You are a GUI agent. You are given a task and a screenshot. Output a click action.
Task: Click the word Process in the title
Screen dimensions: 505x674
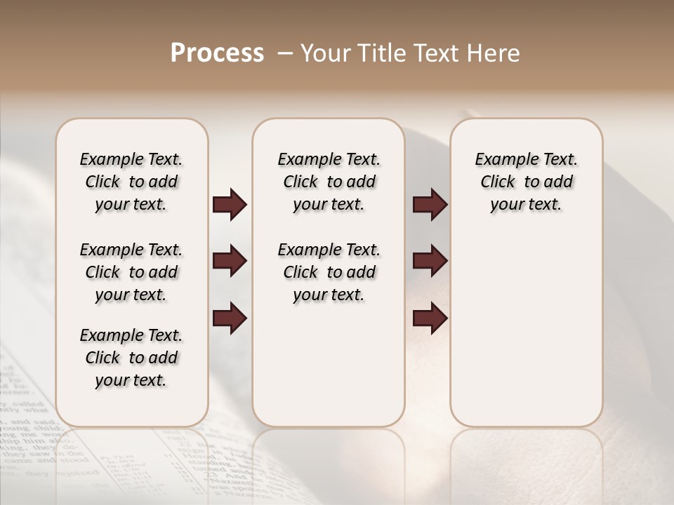coord(217,53)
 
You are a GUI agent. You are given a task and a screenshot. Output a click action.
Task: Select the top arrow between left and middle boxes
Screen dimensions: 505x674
coord(230,205)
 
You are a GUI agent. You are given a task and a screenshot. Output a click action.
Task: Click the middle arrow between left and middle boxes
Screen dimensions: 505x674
coord(230,262)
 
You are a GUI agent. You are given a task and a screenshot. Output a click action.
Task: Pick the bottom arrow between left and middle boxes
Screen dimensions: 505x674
coord(230,318)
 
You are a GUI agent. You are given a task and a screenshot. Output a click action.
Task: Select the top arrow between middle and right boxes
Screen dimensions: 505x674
coord(430,205)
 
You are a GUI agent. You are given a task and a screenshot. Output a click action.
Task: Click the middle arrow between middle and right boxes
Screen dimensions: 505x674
coord(430,262)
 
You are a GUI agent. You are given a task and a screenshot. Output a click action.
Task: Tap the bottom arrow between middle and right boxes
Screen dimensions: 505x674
coord(430,318)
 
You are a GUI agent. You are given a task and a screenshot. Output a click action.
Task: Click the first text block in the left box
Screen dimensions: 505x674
coord(131,182)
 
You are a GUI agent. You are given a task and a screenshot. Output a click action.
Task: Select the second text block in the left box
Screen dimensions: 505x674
coord(131,272)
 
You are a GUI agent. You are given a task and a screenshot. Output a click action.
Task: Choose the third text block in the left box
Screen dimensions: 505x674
coord(131,358)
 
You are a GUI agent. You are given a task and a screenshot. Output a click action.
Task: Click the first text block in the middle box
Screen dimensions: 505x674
coord(329,182)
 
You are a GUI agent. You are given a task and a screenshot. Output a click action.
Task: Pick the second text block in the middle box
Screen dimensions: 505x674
coord(329,272)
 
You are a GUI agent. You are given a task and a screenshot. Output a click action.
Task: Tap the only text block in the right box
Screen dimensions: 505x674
coord(526,182)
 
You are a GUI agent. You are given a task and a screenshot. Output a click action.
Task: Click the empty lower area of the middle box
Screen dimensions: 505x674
coord(329,365)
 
